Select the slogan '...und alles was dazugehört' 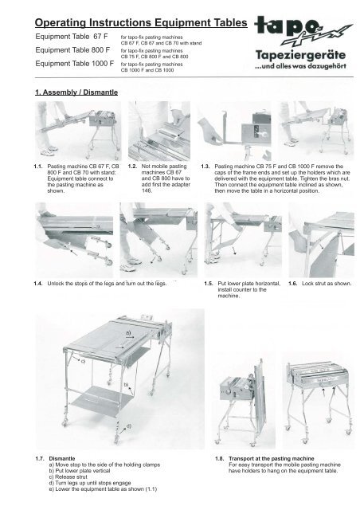point(299,70)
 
